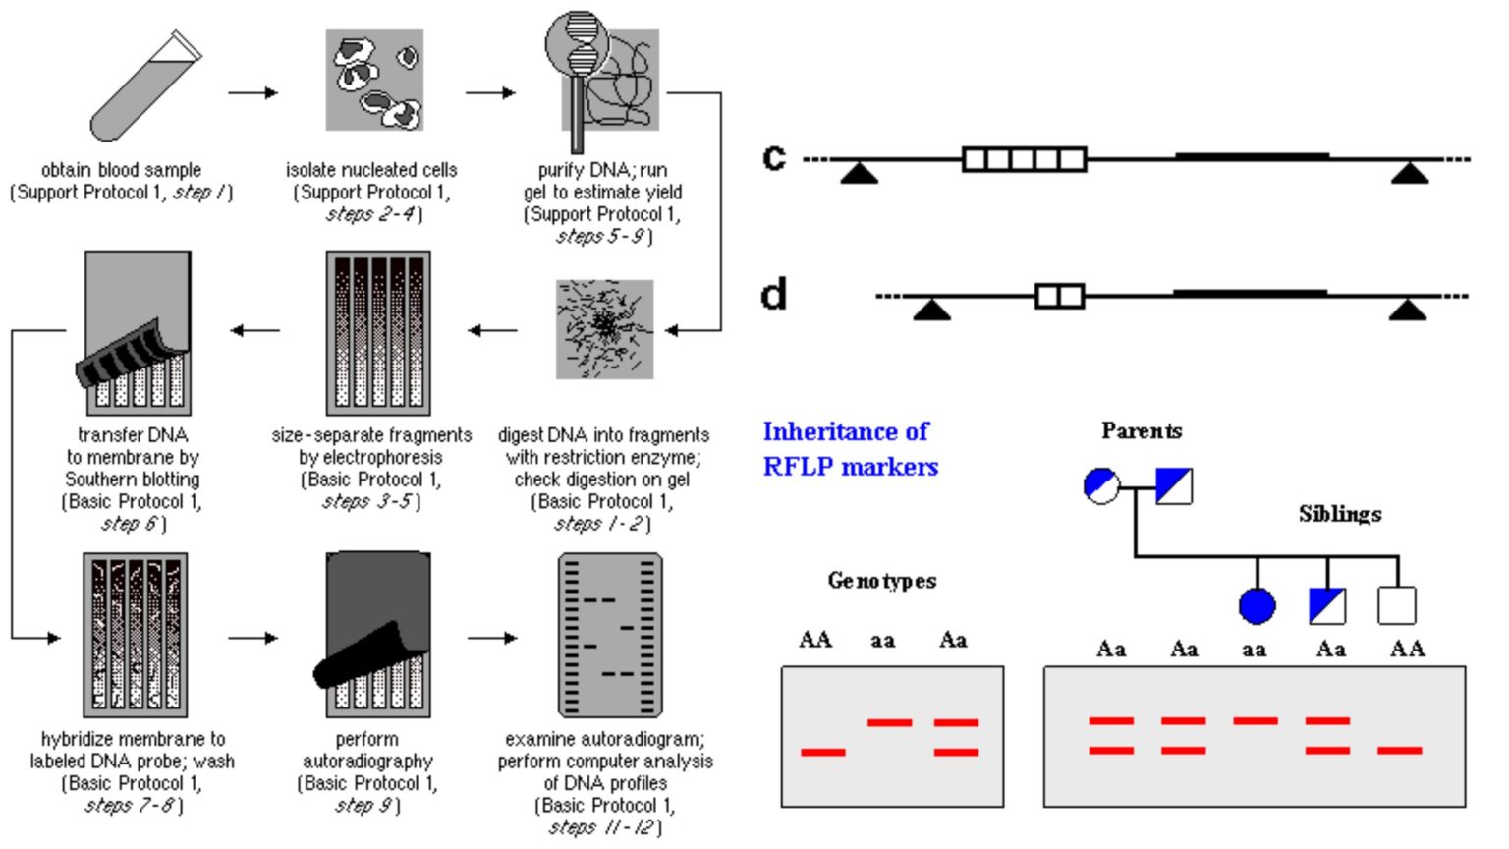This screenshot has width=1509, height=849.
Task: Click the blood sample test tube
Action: point(145,86)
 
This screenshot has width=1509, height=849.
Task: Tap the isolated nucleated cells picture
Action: point(374,80)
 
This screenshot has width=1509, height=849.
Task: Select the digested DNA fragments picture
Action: point(604,329)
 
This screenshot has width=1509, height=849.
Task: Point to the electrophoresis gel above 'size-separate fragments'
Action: point(378,333)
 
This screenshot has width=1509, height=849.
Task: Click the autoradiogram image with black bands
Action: point(610,636)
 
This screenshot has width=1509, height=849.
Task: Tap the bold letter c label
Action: point(774,157)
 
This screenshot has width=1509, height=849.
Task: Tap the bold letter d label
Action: point(774,294)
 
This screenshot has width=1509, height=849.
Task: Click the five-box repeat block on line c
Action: point(1024,159)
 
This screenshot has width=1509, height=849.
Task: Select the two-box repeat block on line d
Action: point(1059,296)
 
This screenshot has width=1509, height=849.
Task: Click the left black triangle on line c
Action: point(860,174)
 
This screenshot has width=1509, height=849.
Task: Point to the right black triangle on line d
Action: point(1407,311)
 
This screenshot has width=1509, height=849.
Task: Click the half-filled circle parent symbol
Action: point(1101,485)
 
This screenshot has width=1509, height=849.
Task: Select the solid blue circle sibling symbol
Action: point(1257,606)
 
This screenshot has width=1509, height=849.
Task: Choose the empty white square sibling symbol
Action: point(1396,606)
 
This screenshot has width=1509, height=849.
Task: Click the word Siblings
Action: point(1339,514)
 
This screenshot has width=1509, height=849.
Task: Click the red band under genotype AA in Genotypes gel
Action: point(822,752)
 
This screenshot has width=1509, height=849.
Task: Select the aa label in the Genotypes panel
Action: point(882,641)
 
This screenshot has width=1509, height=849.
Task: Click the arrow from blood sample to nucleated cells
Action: point(252,93)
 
